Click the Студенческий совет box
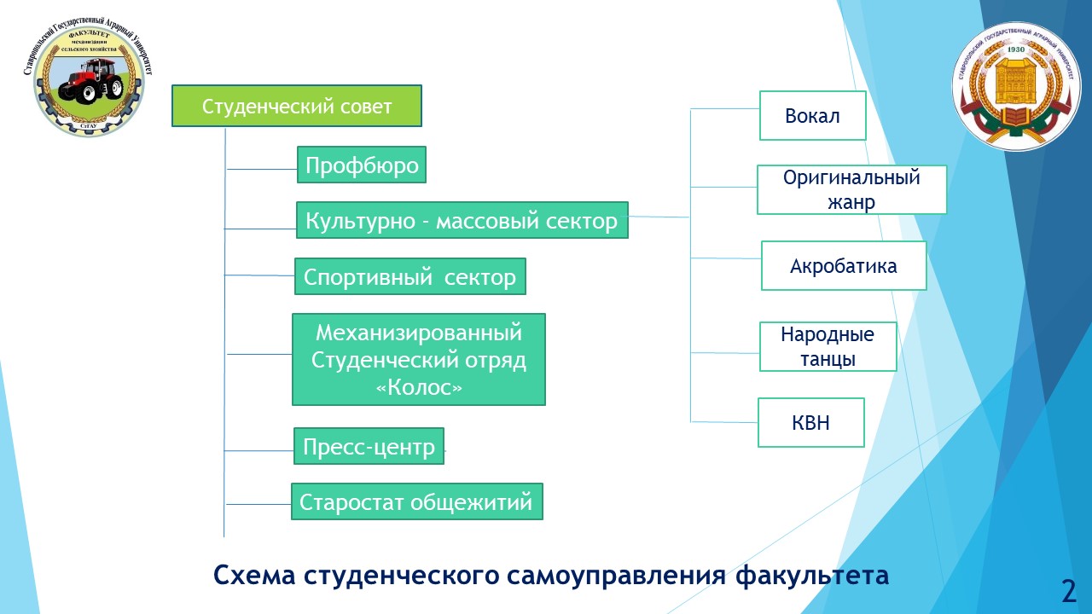pos(296,106)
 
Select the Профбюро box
pos(362,165)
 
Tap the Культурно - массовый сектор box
pos(462,221)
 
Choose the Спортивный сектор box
pos(409,277)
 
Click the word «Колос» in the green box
pos(419,387)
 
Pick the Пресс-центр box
pos(369,447)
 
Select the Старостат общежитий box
pos(416,502)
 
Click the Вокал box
pos(812,116)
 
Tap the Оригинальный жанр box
pos(851,189)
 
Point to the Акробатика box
pos(843,266)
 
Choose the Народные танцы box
pos(828,346)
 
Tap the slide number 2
pos(1068,590)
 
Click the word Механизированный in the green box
pos(418,332)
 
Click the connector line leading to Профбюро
pos(261,169)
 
